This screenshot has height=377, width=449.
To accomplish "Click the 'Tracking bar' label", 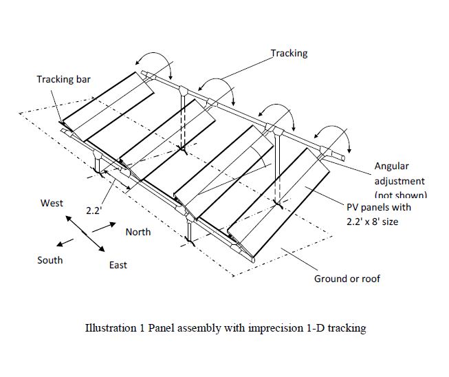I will [x=63, y=79].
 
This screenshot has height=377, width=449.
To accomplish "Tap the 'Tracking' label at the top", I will [x=289, y=53].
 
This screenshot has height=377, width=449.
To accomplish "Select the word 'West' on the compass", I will [x=52, y=203].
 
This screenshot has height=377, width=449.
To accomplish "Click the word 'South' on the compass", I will [x=50, y=260].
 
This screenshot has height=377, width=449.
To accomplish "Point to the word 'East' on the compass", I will [x=118, y=265].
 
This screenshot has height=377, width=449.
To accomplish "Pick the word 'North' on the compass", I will [x=138, y=232].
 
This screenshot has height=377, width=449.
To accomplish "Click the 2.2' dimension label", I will [x=94, y=211].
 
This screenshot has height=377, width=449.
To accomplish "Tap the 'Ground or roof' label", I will [x=347, y=279].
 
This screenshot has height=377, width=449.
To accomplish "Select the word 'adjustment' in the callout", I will [x=400, y=181].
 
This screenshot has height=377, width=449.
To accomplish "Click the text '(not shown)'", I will [x=400, y=195].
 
